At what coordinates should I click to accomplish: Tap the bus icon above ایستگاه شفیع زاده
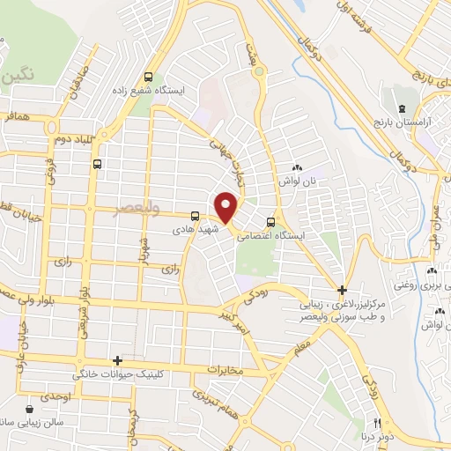tap(148, 77)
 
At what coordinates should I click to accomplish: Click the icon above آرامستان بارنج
tap(403, 108)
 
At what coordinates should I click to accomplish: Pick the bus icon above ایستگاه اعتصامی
tap(270, 222)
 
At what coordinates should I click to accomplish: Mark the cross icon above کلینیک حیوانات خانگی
tap(116, 360)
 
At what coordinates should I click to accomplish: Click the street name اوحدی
tap(55, 397)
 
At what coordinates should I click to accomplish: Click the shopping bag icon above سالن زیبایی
tap(30, 409)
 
